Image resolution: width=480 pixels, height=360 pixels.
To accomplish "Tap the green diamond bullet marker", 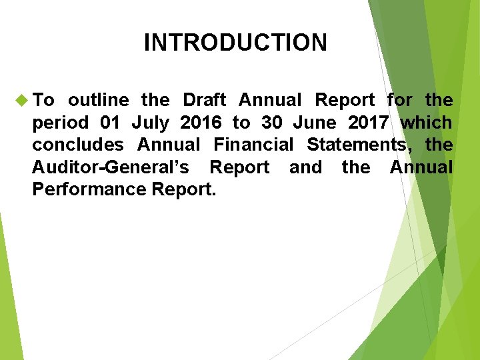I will click(20, 101).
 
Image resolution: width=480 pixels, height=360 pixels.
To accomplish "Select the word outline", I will click(99, 101).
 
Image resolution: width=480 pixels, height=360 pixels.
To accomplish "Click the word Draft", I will click(204, 101).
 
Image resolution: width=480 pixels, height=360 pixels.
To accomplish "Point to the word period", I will click(59, 123).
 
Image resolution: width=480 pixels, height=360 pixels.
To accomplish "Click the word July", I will click(150, 123).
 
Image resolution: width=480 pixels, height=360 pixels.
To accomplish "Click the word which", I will click(427, 123).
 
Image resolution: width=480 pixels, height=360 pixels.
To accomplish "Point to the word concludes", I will click(78, 145).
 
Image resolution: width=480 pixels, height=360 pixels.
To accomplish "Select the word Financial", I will click(253, 145).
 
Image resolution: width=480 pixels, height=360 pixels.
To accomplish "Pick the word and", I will click(305, 167).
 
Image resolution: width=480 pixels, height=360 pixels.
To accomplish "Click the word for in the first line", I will click(399, 101).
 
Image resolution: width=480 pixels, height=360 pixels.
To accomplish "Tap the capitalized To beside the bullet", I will click(43, 101).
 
